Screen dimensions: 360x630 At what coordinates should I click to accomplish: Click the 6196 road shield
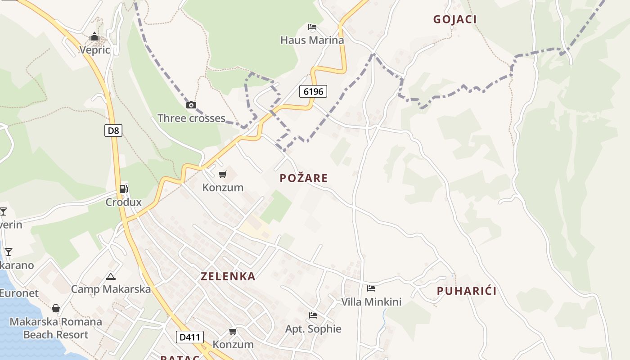313,92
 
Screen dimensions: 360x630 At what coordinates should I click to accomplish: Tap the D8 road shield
114,131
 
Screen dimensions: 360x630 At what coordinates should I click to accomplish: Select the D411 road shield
189,337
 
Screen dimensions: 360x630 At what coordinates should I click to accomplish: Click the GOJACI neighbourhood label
454,19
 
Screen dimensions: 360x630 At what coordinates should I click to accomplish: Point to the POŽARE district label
304,178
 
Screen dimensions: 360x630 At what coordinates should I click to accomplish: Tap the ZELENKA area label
228,276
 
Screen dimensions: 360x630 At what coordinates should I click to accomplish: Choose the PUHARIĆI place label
467,291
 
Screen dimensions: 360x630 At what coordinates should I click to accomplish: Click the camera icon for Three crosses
191,105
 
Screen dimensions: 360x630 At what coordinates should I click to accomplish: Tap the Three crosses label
191,118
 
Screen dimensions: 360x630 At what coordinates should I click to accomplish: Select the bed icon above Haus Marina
312,27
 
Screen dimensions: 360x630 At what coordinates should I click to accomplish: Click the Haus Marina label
312,40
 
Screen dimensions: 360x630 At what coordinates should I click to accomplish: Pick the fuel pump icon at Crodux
124,189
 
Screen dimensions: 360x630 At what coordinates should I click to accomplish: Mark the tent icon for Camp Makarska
111,276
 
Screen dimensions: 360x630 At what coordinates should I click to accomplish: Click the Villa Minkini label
371,302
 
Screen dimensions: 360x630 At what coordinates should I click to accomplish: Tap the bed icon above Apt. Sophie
313,315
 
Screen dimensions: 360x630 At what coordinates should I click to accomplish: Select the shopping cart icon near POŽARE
223,174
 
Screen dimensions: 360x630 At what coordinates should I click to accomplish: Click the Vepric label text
94,49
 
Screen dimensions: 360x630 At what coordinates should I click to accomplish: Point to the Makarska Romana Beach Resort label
56,328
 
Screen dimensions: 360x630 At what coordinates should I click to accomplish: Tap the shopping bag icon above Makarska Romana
56,308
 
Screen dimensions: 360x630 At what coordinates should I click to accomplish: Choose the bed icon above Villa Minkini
371,288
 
